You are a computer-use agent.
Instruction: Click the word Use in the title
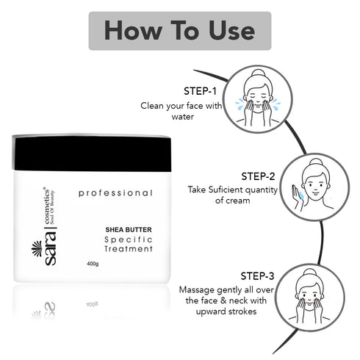point(231,30)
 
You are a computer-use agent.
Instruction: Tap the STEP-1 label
point(200,91)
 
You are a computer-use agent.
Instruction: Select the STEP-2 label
point(258,176)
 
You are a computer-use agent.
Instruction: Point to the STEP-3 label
point(257,276)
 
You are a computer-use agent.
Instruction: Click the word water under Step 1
point(183,117)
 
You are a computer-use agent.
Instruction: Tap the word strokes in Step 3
point(242,312)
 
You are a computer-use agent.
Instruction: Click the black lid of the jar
point(92,153)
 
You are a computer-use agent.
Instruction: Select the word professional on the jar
point(115,193)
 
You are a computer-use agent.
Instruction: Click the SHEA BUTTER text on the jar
point(129,230)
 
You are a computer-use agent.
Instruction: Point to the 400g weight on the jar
point(93,264)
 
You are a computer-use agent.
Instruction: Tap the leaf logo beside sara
point(37,248)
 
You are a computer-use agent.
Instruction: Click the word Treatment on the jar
point(129,249)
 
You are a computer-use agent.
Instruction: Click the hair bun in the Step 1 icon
point(258,73)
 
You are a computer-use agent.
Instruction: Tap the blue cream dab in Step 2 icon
point(301,195)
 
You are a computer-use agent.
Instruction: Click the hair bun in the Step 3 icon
point(310,273)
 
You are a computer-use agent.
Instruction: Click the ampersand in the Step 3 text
point(223,300)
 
